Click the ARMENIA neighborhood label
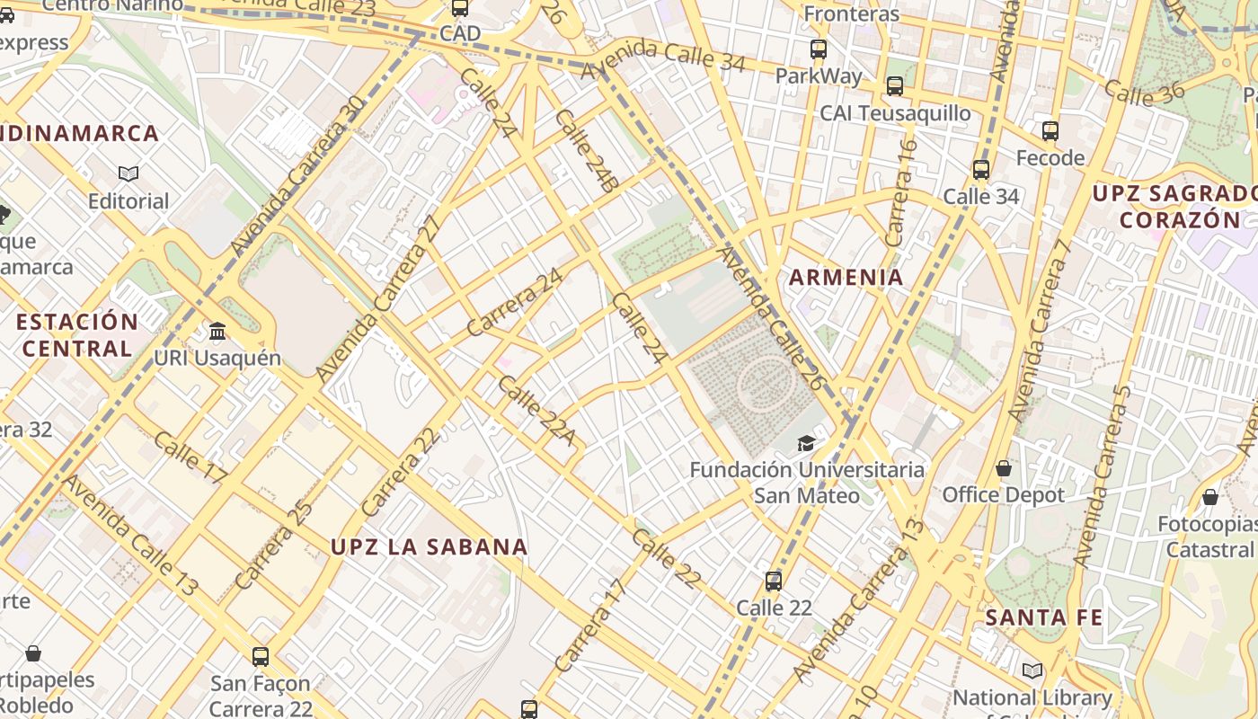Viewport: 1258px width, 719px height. coord(846,277)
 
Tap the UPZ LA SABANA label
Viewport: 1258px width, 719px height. coord(429,546)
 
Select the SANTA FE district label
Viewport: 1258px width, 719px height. coord(1043,617)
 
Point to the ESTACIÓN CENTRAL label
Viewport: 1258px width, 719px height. coord(77,334)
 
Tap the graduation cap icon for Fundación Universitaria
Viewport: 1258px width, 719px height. coord(806,443)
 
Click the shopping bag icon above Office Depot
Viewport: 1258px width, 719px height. coord(1003,468)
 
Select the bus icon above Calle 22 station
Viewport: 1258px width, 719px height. coord(774,581)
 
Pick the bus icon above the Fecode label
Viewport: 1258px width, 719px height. coord(1050,131)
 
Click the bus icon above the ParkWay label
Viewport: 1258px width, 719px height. coord(818,49)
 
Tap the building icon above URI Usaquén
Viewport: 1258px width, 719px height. coord(217,332)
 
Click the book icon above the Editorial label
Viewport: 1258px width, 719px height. coord(128,173)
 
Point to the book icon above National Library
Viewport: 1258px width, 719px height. coord(1032,670)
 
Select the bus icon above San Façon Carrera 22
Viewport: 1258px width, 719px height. coord(261,657)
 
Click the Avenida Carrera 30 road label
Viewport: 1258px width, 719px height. coord(297,174)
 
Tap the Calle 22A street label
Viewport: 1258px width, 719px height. coord(536,411)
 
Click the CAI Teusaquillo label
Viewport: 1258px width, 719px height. coord(895,113)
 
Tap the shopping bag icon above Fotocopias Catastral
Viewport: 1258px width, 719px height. coord(1210,497)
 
